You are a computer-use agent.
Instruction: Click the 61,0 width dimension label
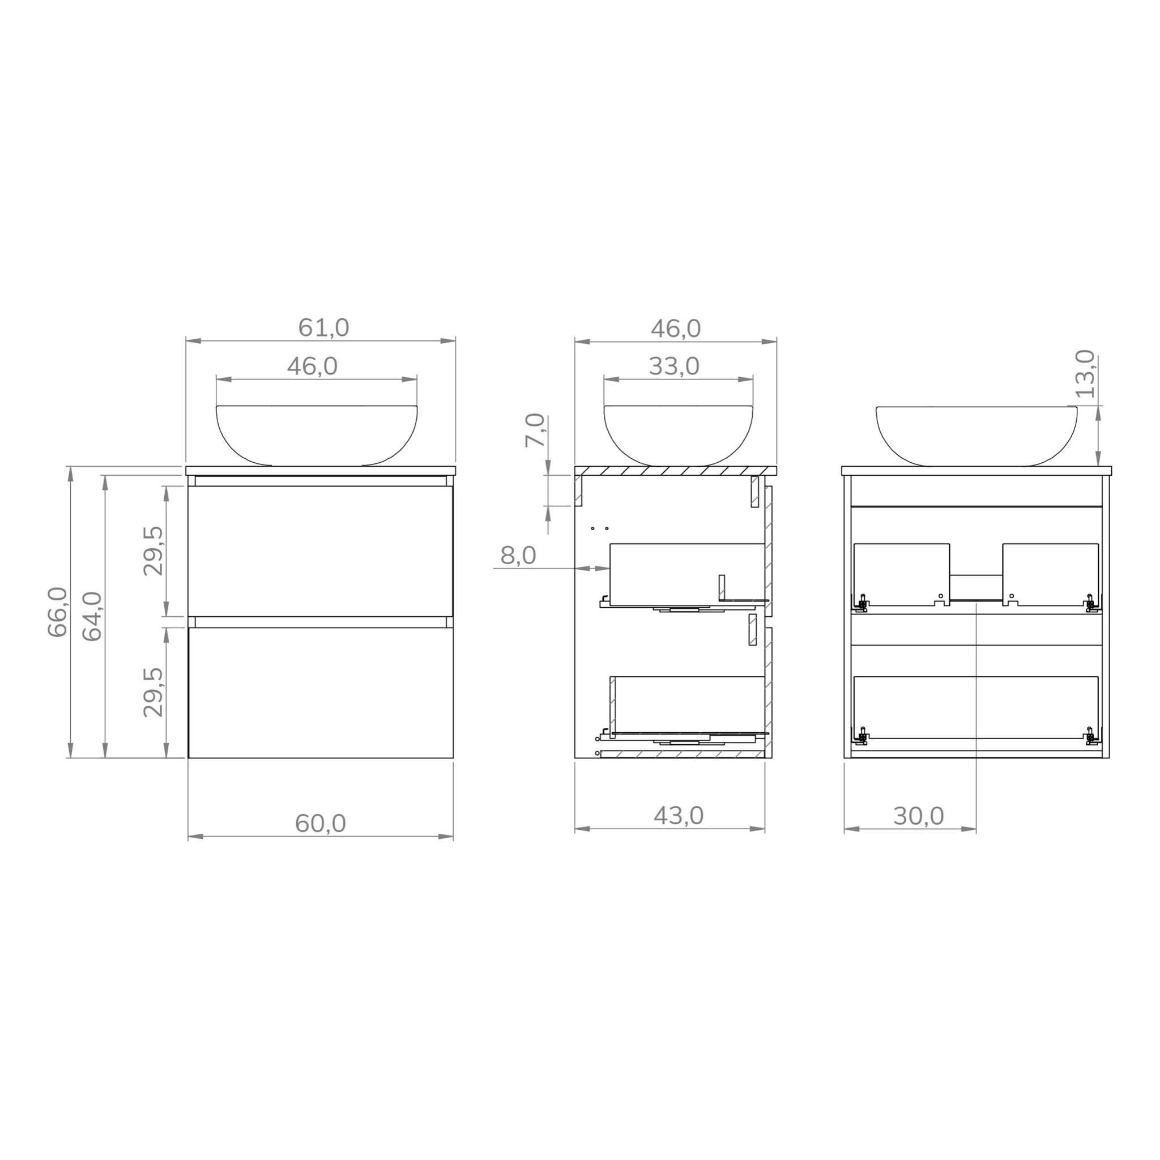click(x=323, y=328)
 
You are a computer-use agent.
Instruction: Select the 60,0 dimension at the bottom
click(x=320, y=824)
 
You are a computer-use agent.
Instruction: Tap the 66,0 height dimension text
click(x=58, y=612)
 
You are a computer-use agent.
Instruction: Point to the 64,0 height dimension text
click(x=92, y=617)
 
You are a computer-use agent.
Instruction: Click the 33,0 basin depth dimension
click(x=673, y=366)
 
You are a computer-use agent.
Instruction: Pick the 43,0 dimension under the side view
click(x=678, y=816)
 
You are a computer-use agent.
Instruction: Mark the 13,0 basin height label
click(x=1085, y=374)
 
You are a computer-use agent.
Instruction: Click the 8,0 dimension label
click(x=518, y=556)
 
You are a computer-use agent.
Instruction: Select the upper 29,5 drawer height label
click(x=153, y=551)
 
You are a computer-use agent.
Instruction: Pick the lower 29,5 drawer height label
click(x=153, y=692)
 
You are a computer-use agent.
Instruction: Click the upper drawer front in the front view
click(x=320, y=551)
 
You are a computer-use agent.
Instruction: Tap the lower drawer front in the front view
click(x=320, y=692)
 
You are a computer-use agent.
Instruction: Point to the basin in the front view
click(x=317, y=433)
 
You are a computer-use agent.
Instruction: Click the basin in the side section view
click(x=678, y=433)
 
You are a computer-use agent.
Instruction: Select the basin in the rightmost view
click(x=976, y=433)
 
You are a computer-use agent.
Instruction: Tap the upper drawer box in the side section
click(x=686, y=574)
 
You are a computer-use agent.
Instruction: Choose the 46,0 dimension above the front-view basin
click(x=312, y=366)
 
